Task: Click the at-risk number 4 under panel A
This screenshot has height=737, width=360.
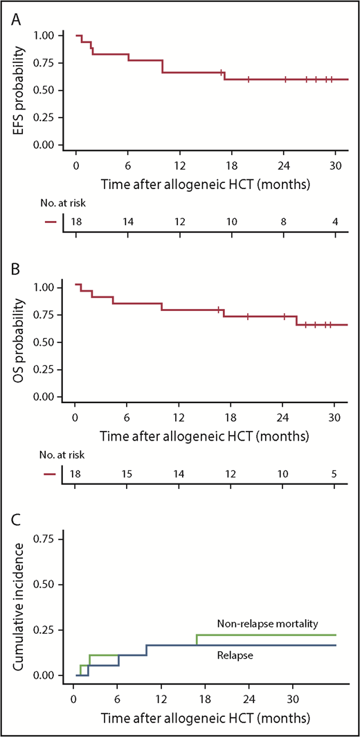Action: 335,222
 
